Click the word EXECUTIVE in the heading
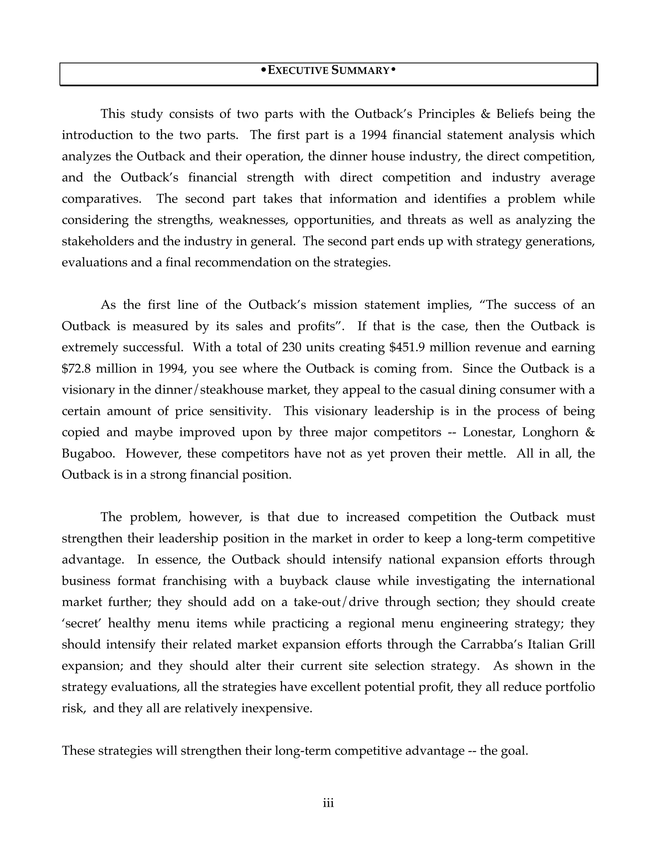[299, 70]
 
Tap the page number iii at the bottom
[328, 803]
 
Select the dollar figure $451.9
[407, 347]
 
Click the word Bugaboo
[88, 453]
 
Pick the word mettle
[484, 453]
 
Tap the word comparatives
[101, 199]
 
